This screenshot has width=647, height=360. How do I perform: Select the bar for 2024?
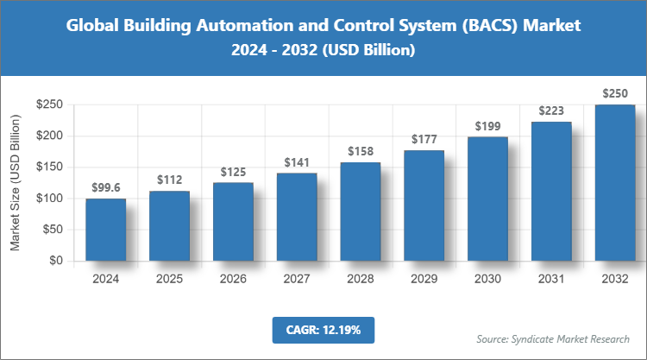pyautogui.click(x=105, y=230)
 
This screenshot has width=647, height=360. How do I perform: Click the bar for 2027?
pyautogui.click(x=297, y=217)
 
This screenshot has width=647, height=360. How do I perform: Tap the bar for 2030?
pyautogui.click(x=488, y=199)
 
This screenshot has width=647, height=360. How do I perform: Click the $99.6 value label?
pyautogui.click(x=105, y=187)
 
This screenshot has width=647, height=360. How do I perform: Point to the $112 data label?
pyautogui.click(x=169, y=180)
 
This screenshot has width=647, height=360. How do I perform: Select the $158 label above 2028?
pyautogui.click(x=361, y=151)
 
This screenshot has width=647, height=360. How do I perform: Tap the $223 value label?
pyautogui.click(x=552, y=111)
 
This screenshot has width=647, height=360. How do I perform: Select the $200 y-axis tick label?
pyautogui.click(x=48, y=136)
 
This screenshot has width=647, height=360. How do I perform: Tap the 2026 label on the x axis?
pyautogui.click(x=233, y=280)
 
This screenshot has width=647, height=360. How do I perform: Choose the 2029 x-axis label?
pyautogui.click(x=424, y=280)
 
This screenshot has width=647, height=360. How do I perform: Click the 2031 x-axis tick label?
pyautogui.click(x=552, y=280)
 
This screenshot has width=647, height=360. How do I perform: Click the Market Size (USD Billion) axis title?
pyautogui.click(x=15, y=182)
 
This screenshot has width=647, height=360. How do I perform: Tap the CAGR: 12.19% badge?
pyautogui.click(x=323, y=330)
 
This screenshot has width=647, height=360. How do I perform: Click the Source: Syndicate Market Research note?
pyautogui.click(x=553, y=338)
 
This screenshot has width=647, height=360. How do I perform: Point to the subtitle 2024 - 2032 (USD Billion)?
pyautogui.click(x=323, y=51)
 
